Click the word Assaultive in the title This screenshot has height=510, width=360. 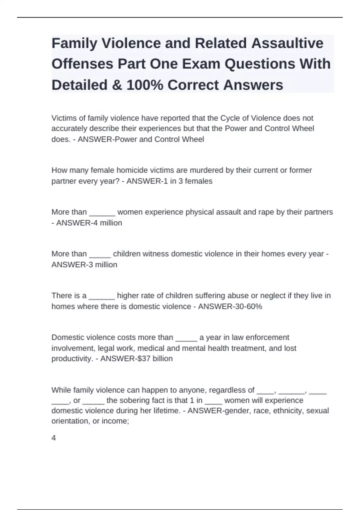point(287,43)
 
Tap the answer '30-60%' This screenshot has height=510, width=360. point(245,306)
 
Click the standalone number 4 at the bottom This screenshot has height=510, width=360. point(54,438)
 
